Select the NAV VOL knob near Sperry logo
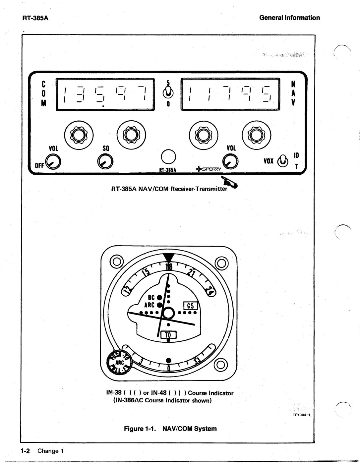click(x=230, y=162)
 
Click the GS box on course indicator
click(x=191, y=306)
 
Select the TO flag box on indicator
click(x=168, y=335)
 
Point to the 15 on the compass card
click(x=146, y=273)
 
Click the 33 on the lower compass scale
click(x=197, y=361)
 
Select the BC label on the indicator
click(x=151, y=297)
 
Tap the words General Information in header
click(x=289, y=18)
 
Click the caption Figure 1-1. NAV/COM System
click(x=170, y=429)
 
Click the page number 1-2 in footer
click(x=25, y=451)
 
